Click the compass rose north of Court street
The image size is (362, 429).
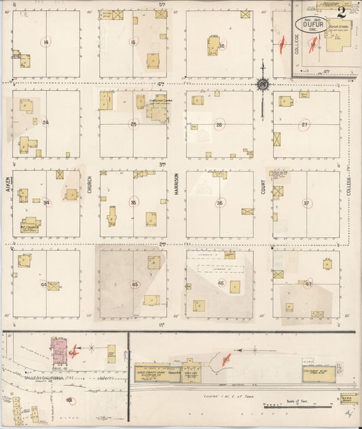[x=263, y=84]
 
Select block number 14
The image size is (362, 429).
[x=46, y=42]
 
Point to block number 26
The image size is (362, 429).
[x=219, y=124]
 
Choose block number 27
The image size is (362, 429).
[x=305, y=124]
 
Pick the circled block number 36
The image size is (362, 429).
[x=219, y=203]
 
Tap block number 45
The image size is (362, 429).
[x=135, y=284]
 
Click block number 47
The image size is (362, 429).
[x=308, y=284]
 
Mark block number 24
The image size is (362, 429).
[x=46, y=123]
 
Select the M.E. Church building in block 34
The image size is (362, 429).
[x=29, y=223]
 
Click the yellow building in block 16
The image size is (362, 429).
[x=213, y=45]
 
